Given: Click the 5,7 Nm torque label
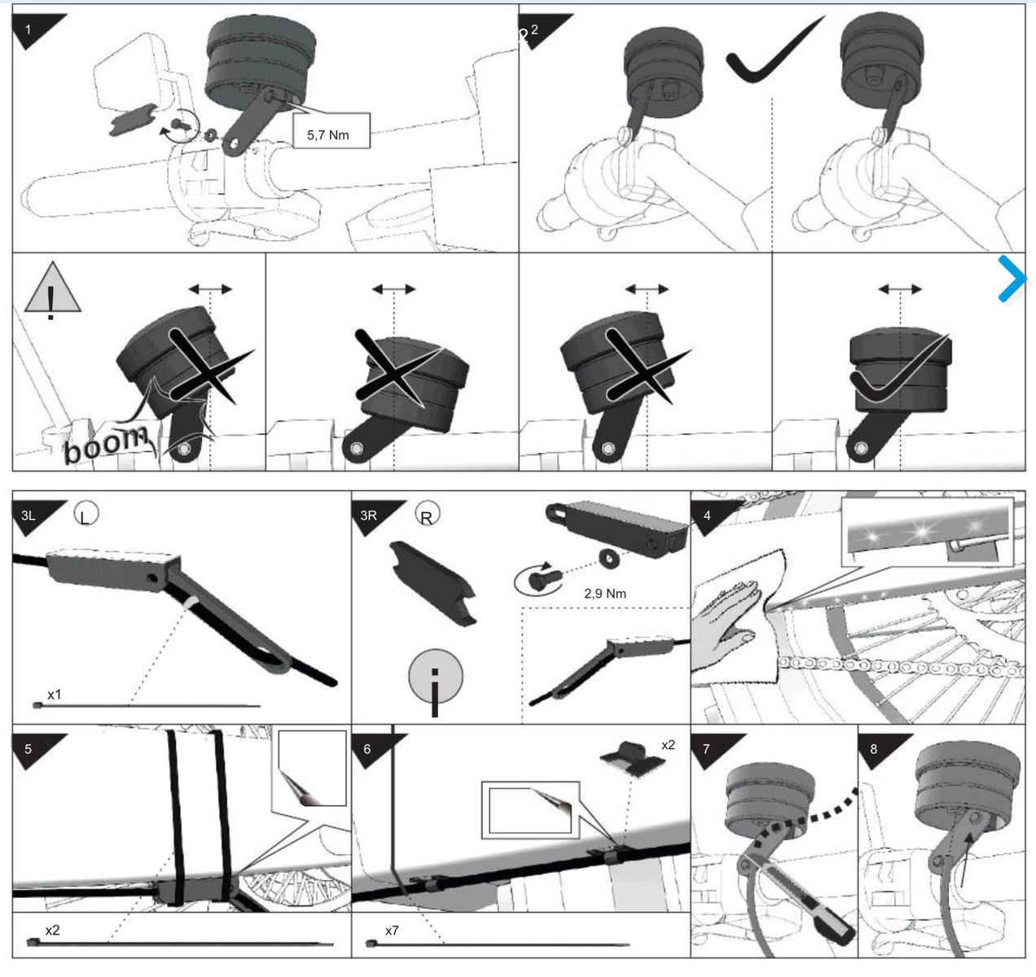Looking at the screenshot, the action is (327, 135).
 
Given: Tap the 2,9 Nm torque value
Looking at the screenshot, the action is (604, 594).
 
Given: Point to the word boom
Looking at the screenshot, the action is (107, 445).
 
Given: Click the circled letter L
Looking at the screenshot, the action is (86, 513).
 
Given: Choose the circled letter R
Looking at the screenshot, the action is (428, 515).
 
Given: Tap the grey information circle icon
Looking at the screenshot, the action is (435, 680).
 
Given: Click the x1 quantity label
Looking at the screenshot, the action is (55, 694).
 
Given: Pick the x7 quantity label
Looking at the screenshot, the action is (392, 931).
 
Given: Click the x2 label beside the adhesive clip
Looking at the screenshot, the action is (668, 745).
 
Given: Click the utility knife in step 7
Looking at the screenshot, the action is (798, 893).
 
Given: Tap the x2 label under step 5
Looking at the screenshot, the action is (52, 930).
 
